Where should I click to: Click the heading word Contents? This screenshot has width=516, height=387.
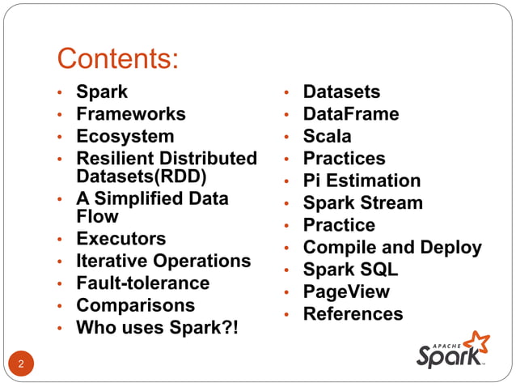pos(118,59)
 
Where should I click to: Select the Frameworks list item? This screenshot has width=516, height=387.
pos(131,114)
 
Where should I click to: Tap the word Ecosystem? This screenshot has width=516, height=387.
pos(125,136)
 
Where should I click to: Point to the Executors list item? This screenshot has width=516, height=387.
pos(121,239)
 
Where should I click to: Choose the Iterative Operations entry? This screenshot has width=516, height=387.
pos(163,262)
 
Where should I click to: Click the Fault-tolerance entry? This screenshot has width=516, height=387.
pos(143,283)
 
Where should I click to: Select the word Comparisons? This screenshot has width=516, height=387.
pos(136,305)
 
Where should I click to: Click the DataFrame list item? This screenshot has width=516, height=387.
pos(351,114)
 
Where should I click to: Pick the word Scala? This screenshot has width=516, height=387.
pos(328,136)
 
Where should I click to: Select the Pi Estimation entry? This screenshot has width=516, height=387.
pos(362,181)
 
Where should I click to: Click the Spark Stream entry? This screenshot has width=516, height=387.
pos(362,202)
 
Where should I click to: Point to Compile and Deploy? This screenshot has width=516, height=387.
pos(392,247)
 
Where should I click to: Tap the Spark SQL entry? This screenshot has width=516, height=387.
pos(350,270)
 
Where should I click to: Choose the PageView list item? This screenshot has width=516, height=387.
pos(346,291)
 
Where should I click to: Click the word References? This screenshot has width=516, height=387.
pos(353,314)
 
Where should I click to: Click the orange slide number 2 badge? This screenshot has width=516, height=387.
pos(22,364)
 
